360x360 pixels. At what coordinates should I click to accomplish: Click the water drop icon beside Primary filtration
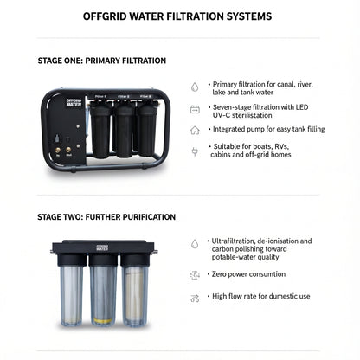[195, 87]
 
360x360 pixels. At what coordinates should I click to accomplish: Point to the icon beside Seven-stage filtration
[195, 110]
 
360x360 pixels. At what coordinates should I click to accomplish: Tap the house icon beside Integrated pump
[195, 131]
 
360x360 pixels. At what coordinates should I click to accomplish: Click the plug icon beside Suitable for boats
[195, 151]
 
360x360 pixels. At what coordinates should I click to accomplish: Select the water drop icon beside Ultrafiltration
[195, 245]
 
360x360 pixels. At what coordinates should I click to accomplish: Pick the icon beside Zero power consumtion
[195, 274]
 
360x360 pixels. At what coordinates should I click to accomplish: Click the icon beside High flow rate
[195, 298]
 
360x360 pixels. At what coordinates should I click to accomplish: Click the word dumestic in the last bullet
[283, 297]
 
